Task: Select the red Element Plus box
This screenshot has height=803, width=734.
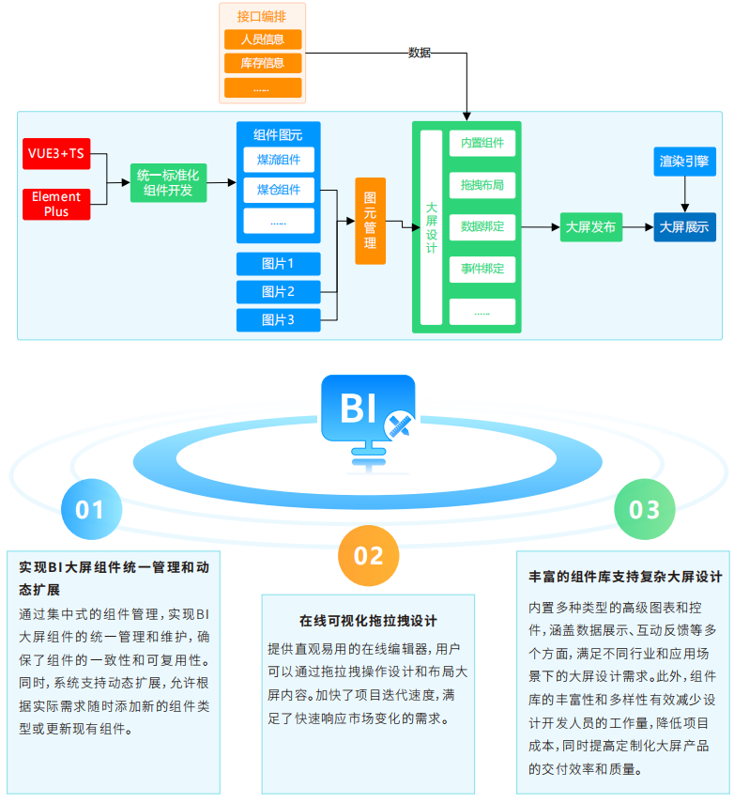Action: click(56, 204)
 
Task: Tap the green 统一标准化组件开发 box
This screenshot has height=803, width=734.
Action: click(168, 182)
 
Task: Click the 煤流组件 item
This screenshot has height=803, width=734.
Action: click(279, 160)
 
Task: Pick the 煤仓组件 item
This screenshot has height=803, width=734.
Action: click(279, 191)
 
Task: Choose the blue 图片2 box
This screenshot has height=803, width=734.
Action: click(279, 292)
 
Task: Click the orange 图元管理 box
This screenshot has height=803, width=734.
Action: click(370, 221)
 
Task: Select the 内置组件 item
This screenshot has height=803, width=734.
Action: click(482, 144)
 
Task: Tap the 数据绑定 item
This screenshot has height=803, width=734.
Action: click(482, 227)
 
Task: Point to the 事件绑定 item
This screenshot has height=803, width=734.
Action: click(482, 270)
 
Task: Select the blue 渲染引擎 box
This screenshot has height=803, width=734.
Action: click(684, 162)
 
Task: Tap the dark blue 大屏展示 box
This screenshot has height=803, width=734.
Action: click(684, 228)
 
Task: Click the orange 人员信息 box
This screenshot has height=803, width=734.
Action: click(263, 39)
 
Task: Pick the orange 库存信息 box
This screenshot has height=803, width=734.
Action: click(263, 64)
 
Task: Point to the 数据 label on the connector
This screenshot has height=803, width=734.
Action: click(420, 54)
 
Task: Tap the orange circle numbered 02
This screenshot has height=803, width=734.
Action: click(369, 555)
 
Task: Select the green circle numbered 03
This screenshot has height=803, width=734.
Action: click(645, 509)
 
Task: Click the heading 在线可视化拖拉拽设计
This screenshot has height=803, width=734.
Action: click(368, 621)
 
